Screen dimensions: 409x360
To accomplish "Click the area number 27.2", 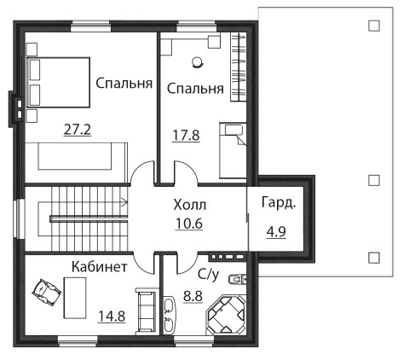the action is (x=78, y=130).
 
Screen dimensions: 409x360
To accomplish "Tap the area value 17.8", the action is (x=187, y=136).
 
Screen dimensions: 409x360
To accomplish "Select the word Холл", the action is (x=190, y=205).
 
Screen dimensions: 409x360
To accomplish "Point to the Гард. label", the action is (x=279, y=203).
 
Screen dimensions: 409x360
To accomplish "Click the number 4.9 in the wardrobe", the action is (x=276, y=232).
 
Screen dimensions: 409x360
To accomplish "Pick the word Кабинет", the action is (x=100, y=267).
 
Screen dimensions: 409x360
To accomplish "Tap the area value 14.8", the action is (x=112, y=316).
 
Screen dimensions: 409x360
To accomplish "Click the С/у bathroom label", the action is (x=209, y=275).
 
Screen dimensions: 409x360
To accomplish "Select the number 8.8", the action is (x=193, y=297).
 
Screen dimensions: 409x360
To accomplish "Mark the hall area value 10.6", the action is (x=189, y=224).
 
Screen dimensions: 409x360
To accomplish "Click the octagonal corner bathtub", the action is (x=227, y=315).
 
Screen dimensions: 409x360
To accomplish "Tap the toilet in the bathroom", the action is (x=238, y=279).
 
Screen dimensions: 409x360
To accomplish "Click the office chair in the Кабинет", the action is (x=47, y=293).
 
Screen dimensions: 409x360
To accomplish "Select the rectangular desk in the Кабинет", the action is (x=75, y=298).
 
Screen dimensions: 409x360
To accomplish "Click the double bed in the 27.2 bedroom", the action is (x=58, y=83).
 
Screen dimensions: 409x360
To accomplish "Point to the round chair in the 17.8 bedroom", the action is (x=197, y=62).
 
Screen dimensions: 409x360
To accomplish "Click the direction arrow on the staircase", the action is (x=124, y=202).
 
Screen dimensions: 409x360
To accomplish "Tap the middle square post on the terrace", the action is (x=374, y=180).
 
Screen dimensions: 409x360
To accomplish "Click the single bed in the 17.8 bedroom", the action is (x=233, y=150).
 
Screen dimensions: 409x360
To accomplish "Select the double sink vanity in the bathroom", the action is (x=170, y=315).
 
